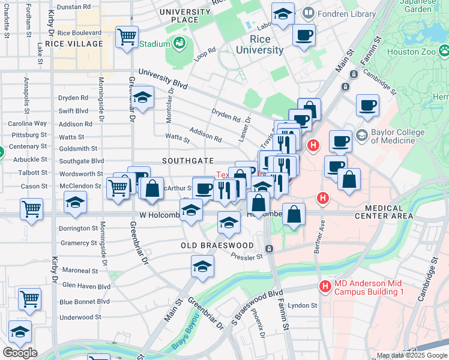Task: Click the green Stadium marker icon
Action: click(x=179, y=43)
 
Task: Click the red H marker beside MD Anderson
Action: click(x=325, y=287)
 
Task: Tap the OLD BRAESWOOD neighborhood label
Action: click(x=218, y=246)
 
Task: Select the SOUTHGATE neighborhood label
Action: click(x=187, y=161)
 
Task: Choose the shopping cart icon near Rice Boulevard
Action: click(x=127, y=37)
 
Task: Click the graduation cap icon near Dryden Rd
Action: click(x=142, y=98)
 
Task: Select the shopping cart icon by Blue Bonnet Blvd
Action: click(x=29, y=298)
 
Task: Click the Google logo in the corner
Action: click(x=20, y=353)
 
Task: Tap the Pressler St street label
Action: click(x=247, y=257)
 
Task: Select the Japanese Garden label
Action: click(x=418, y=6)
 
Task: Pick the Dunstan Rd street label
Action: click(x=74, y=7)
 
